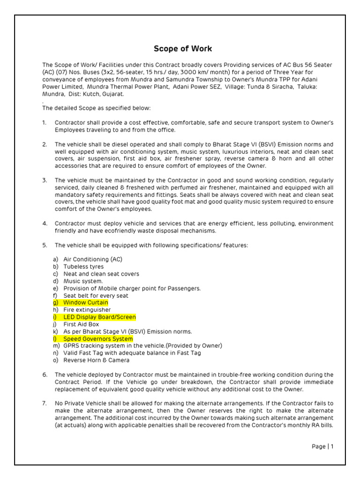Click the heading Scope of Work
(x=183, y=49)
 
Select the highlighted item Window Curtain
(x=85, y=303)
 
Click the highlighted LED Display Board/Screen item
(x=99, y=317)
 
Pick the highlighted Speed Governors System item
(x=97, y=339)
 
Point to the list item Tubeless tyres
(x=83, y=267)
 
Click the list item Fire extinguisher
(x=87, y=310)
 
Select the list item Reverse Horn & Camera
(x=97, y=360)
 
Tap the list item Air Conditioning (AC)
(x=93, y=259)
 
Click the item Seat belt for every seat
(x=96, y=296)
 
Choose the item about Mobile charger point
(x=132, y=288)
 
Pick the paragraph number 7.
(x=44, y=403)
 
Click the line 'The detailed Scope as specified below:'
(x=97, y=108)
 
